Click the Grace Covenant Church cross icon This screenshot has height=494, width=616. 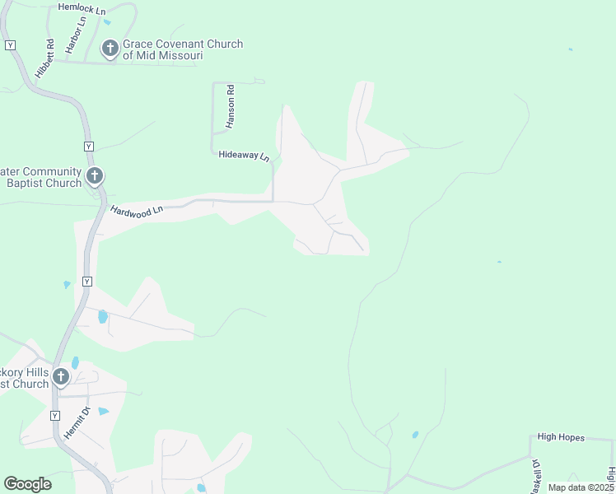[x=110, y=49]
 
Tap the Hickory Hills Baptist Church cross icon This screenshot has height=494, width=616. [x=61, y=377]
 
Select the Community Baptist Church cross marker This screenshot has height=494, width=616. [x=95, y=175]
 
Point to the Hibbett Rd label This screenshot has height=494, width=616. [x=49, y=58]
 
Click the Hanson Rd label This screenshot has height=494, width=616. [x=231, y=105]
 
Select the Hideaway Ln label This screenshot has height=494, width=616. [x=244, y=155]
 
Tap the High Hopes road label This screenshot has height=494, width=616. [x=560, y=437]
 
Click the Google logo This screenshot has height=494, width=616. [x=27, y=484]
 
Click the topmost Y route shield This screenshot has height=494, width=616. [x=10, y=44]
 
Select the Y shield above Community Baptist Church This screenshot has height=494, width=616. [x=89, y=146]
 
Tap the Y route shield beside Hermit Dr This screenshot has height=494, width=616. [x=56, y=415]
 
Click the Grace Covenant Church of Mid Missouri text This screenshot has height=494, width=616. [x=182, y=49]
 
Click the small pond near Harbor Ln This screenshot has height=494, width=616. [x=107, y=21]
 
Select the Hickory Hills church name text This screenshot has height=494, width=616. [x=25, y=378]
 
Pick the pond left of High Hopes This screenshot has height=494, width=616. [x=414, y=435]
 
